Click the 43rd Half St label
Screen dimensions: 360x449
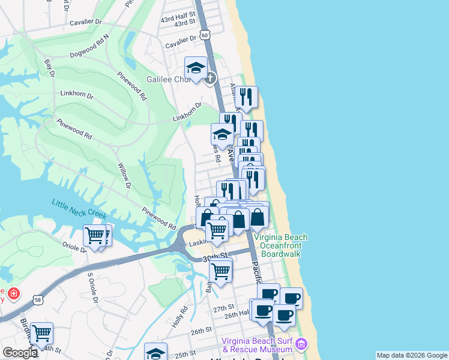[178, 15]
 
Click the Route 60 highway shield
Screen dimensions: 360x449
[205, 35]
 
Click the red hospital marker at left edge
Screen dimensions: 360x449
[13, 295]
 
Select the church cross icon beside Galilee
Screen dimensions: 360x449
[210, 78]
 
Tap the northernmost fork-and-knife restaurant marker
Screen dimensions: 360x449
[246, 97]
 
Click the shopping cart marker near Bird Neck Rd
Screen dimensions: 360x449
[41, 333]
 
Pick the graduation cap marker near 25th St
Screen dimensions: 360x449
[155, 352]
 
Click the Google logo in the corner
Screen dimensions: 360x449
[20, 353]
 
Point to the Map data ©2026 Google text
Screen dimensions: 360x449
[411, 355]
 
